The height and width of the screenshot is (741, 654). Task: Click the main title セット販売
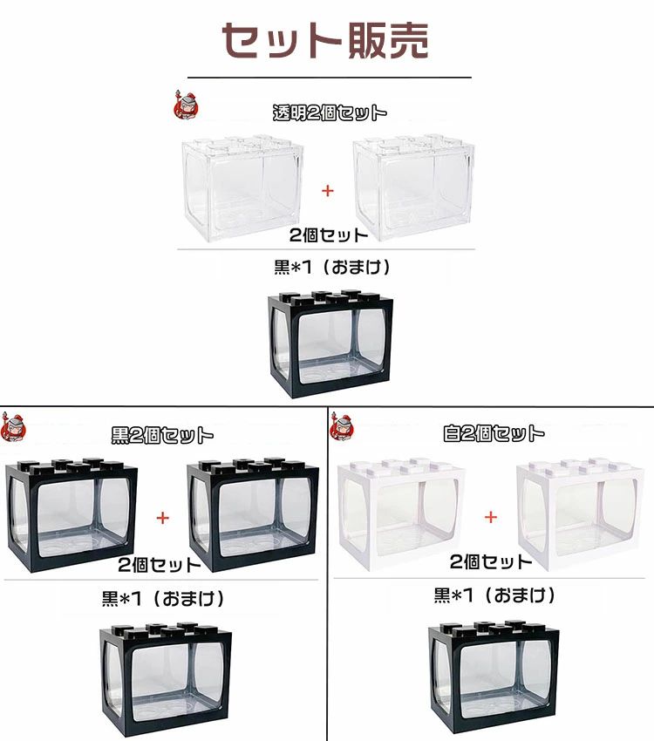[325, 40]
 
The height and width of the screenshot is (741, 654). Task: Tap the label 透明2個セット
[330, 113]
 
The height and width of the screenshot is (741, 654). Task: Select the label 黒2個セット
[162, 435]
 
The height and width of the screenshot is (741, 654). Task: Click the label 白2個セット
[494, 433]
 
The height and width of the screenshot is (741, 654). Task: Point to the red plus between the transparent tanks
[328, 191]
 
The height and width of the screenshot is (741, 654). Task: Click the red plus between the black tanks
[162, 518]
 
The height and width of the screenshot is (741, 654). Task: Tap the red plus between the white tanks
[491, 517]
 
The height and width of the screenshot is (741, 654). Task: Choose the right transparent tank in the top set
[413, 187]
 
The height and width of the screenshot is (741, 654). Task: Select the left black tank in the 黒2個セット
[72, 514]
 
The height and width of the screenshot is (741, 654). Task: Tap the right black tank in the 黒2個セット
[253, 514]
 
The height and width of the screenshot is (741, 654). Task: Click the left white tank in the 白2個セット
[401, 513]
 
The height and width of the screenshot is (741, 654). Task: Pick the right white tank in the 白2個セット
[581, 513]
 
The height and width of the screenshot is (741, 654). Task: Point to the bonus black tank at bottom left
[166, 680]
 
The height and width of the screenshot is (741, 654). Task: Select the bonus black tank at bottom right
[494, 677]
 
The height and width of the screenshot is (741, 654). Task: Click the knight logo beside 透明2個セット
[186, 105]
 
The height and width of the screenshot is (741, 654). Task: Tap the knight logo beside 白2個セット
[342, 427]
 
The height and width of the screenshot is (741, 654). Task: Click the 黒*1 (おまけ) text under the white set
[494, 595]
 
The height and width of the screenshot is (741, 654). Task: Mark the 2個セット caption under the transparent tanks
[329, 235]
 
